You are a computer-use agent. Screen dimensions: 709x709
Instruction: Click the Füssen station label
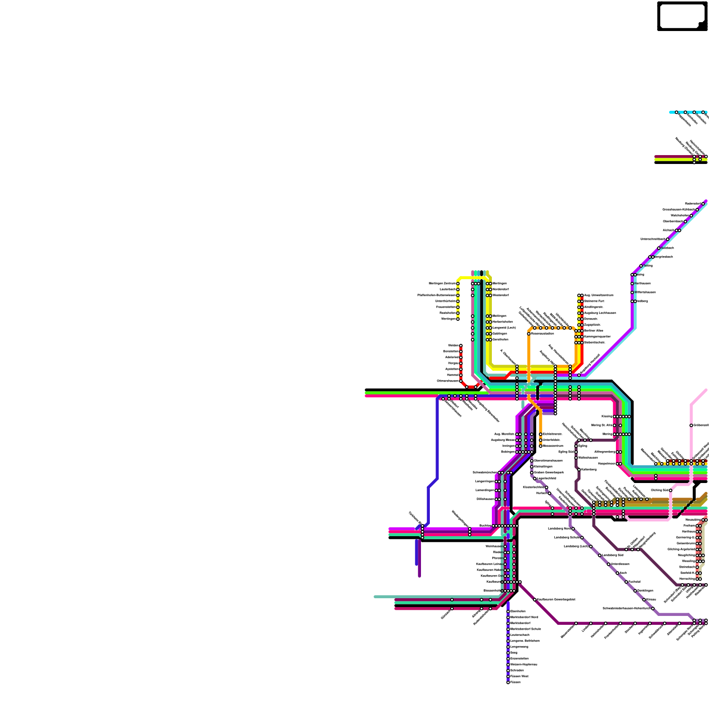[x=515, y=682]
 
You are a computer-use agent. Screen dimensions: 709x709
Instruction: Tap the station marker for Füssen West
[x=508, y=676]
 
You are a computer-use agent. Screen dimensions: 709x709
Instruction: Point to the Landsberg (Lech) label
[x=576, y=546]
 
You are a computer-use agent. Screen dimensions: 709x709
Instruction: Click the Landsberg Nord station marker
[x=573, y=529]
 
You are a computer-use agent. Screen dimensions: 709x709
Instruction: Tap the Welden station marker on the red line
[x=461, y=346]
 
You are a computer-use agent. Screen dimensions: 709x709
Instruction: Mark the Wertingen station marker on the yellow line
[x=458, y=319]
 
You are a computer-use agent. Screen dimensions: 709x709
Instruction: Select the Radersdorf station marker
[x=703, y=204]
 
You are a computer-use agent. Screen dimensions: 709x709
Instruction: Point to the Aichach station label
[x=668, y=230]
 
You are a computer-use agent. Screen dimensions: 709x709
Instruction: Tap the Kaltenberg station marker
[x=579, y=469]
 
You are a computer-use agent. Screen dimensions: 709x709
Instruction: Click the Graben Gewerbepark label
[x=549, y=472]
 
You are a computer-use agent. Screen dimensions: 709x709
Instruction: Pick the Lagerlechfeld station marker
[x=535, y=478]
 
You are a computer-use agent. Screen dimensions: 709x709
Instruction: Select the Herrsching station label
[x=687, y=579]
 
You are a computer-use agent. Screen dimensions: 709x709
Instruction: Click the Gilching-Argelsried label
[x=681, y=549]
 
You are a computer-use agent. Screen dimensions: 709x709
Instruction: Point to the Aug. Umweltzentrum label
[x=599, y=295]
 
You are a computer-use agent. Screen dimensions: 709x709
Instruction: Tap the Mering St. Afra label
[x=602, y=425]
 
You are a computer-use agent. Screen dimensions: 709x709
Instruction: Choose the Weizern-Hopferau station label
[x=524, y=664]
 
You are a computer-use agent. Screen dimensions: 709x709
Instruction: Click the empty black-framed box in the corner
[x=682, y=16]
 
